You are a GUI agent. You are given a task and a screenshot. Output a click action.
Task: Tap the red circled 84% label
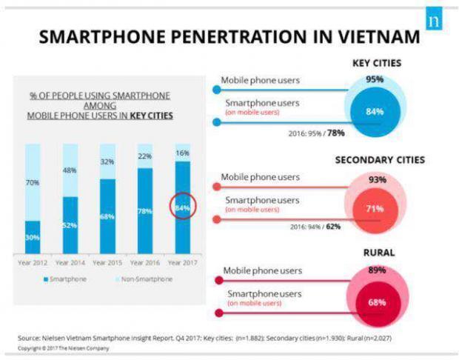coord(183,208)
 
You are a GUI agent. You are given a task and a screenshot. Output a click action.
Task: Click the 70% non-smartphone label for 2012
coord(32,181)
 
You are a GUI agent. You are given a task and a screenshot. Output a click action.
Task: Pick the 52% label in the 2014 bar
coord(70,226)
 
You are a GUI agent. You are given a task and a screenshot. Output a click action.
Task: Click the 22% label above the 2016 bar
coord(145,156)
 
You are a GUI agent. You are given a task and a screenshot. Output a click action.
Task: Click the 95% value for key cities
coord(375,79)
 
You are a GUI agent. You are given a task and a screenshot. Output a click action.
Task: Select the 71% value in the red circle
coord(375,209)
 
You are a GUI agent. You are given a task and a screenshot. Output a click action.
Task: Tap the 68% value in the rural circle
coord(376,302)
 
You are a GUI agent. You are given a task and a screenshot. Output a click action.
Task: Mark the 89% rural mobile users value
coord(376,270)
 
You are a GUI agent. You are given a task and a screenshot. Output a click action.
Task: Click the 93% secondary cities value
coord(376,179)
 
